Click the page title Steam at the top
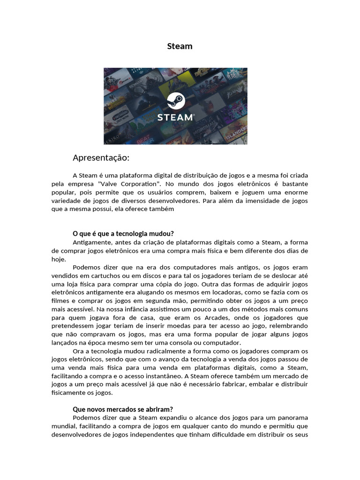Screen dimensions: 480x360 click(180, 46)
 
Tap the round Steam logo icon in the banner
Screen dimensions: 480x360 click(176, 101)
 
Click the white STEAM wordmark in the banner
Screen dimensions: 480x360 click(175, 117)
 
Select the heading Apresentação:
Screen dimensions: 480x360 click(101, 157)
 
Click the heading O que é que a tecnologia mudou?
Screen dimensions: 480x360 click(123, 233)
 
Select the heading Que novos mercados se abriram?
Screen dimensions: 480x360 click(123, 409)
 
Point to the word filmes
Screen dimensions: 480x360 click(60, 301)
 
